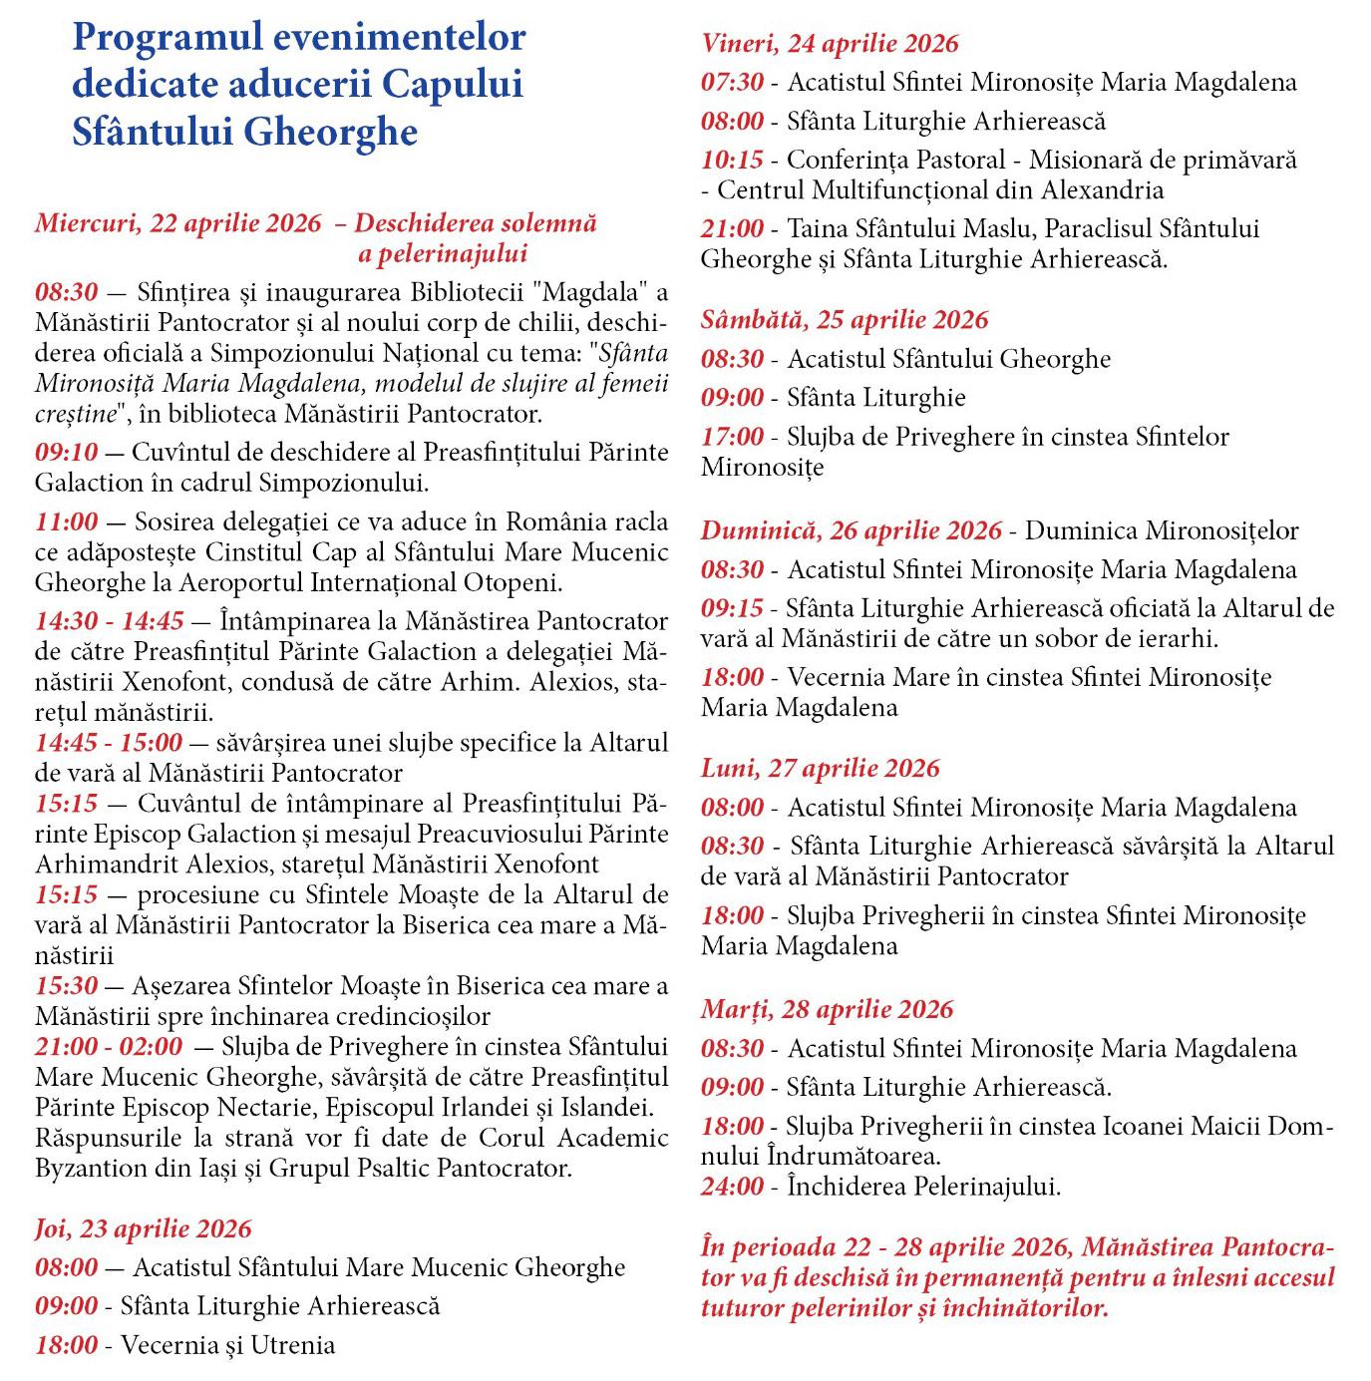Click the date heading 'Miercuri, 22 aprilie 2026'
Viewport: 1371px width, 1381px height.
click(x=178, y=222)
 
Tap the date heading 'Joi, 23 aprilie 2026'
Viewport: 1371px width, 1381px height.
click(x=144, y=1228)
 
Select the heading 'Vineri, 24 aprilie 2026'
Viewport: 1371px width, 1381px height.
click(x=830, y=43)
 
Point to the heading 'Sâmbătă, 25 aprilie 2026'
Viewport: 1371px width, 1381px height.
click(x=845, y=320)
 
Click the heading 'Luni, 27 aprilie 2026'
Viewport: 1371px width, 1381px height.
click(x=820, y=768)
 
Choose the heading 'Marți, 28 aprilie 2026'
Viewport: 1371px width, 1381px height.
click(x=827, y=1009)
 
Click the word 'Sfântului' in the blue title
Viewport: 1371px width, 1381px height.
click(x=153, y=132)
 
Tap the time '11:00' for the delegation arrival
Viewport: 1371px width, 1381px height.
click(x=67, y=521)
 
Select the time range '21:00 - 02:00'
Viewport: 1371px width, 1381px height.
click(x=109, y=1046)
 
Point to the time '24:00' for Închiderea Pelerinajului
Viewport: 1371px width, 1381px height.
click(x=732, y=1187)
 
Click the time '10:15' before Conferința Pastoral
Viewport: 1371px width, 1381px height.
click(x=732, y=160)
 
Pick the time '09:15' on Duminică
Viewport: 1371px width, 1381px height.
click(x=732, y=608)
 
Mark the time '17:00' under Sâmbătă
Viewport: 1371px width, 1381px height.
click(x=732, y=437)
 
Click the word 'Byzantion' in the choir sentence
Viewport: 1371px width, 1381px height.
click(x=84, y=1168)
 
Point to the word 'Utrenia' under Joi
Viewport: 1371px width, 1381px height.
click(x=290, y=1345)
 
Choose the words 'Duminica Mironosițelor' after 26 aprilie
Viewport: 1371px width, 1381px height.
click(x=1162, y=530)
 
